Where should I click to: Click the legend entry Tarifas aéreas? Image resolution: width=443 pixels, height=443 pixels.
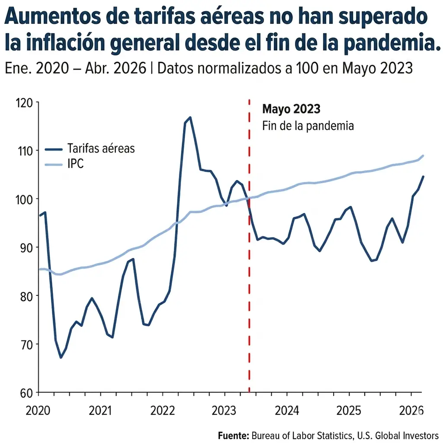pyautogui.click(x=101, y=148)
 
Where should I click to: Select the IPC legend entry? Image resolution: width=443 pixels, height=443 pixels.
pyautogui.click(x=76, y=164)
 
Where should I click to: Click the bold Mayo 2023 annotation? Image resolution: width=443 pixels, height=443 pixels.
pyautogui.click(x=291, y=109)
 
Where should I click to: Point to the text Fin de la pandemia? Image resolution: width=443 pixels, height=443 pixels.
pyautogui.click(x=308, y=126)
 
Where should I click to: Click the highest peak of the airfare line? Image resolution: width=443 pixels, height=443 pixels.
pyautogui.click(x=190, y=117)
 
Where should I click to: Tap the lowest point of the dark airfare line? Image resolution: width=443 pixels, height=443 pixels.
pyautogui.click(x=61, y=357)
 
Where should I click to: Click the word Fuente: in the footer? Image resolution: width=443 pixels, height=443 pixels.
pyautogui.click(x=234, y=435)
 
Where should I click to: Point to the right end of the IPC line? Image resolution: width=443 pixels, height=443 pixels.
pyautogui.click(x=423, y=155)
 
